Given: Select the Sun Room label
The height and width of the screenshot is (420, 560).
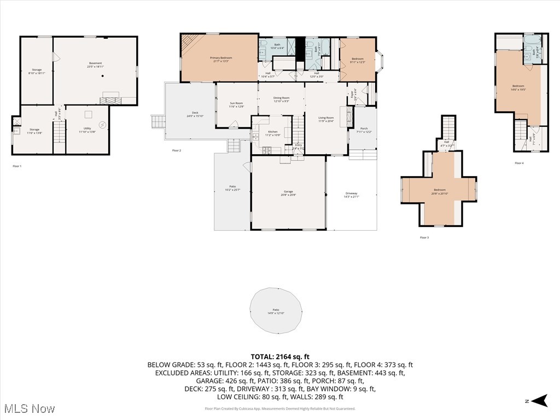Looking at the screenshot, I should tap(236, 104).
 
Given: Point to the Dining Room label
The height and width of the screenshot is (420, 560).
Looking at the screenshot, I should tap(281, 99).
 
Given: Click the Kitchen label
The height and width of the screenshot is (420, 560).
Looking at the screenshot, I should tap(272, 133).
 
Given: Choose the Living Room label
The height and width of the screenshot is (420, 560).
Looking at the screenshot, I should tap(326, 119).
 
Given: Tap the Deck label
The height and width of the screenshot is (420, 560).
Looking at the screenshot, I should tap(191, 114).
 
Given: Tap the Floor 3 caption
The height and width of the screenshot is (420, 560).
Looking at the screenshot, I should tap(424, 237).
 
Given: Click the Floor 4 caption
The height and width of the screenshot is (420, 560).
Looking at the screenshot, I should tap(518, 163).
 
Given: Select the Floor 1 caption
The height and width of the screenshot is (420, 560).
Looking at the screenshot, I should tap(17, 166).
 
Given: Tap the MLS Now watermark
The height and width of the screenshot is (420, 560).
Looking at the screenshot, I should tap(28, 409).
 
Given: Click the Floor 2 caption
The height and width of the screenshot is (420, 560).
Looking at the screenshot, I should tap(176, 150).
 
